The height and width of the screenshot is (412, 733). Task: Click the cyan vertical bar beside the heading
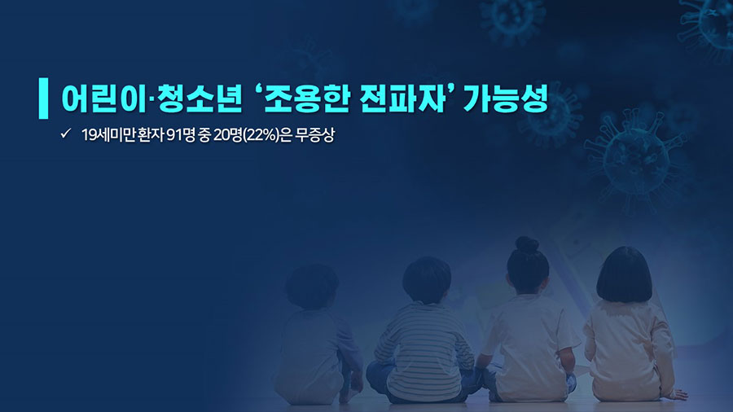click(x=43, y=98)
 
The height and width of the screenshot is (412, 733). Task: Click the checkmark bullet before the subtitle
click(x=65, y=134)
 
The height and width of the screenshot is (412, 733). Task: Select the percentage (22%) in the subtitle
click(x=261, y=135)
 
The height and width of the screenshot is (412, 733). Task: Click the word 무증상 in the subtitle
click(x=314, y=135)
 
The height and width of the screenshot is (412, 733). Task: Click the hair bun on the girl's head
click(x=527, y=245)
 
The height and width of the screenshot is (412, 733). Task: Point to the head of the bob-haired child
click(x=624, y=274)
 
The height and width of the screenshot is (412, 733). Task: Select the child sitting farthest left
click(x=315, y=334)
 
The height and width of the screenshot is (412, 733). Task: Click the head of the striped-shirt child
click(x=426, y=280)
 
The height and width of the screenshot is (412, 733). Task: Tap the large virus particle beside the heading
click(x=636, y=159)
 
